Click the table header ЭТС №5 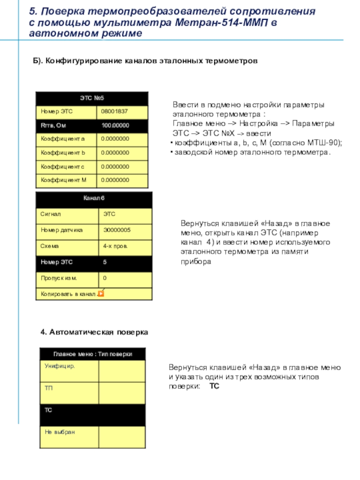pos(92,98)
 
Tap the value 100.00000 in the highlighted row pos(115,126)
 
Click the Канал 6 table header pos(94,198)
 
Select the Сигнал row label pos(51,215)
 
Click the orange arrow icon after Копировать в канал pos(101,294)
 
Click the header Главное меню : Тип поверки pos(93,354)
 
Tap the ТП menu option pos(49,388)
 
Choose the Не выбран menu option pos(60,432)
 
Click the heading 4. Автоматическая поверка pos(94,332)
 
